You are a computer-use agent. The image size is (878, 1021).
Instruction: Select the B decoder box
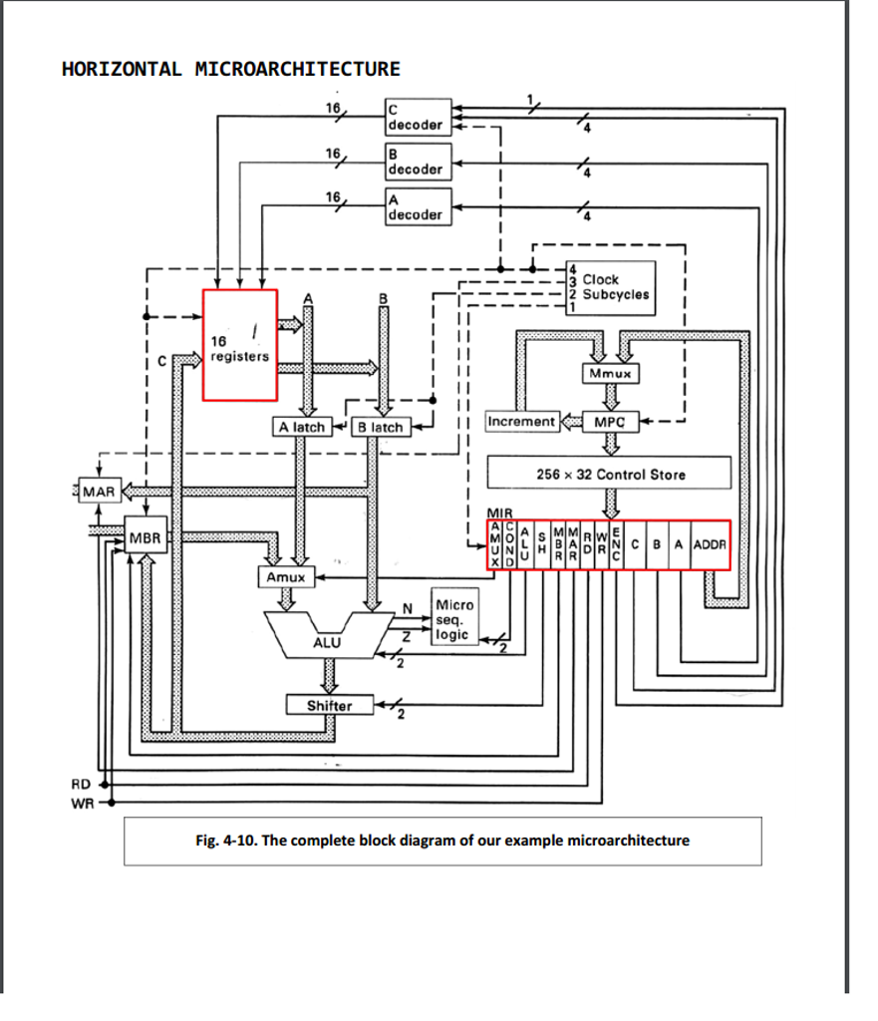(x=418, y=161)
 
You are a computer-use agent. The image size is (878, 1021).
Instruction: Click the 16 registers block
(x=240, y=345)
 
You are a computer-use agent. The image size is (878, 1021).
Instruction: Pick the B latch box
(x=380, y=427)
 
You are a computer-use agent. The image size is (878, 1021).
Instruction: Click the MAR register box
(x=99, y=492)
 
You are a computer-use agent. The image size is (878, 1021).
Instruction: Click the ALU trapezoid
(x=326, y=639)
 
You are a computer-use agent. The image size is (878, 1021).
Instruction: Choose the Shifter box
(x=329, y=705)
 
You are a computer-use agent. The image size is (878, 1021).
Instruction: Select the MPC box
(x=610, y=422)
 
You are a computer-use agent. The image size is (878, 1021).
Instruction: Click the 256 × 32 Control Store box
(x=610, y=474)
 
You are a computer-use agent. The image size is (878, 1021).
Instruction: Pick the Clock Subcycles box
(x=610, y=288)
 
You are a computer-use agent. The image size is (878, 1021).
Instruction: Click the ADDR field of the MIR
(x=711, y=544)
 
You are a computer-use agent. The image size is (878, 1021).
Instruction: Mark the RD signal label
(x=80, y=784)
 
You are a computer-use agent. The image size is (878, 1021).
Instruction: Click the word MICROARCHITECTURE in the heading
(x=298, y=69)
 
